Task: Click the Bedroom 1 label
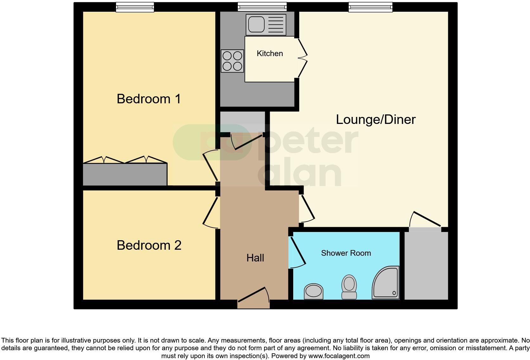coord(149,99)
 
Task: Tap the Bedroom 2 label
coord(149,245)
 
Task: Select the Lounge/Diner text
coord(376,119)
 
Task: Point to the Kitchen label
coord(270,54)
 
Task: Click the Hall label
coord(255,258)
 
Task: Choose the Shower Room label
coord(346,253)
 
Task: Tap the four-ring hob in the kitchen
coord(232,61)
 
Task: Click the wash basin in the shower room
coord(313,291)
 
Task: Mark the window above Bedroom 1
coord(135,7)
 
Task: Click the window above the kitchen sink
coord(262,7)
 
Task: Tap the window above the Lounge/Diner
coord(370,7)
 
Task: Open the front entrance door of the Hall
coord(254,298)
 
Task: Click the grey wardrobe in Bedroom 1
coord(125,174)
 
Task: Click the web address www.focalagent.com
coord(339,356)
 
